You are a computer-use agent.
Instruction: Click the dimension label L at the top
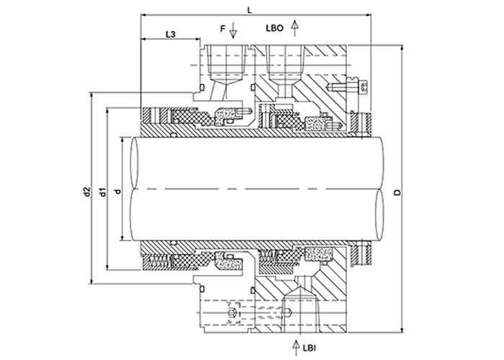tap(249, 10)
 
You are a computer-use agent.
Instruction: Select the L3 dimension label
tap(171, 35)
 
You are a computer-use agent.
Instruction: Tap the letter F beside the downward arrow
tap(222, 29)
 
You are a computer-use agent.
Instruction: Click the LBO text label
tap(274, 28)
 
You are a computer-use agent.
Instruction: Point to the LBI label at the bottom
tap(310, 348)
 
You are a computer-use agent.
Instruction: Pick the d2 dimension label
tap(86, 192)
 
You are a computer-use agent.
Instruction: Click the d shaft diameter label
tap(118, 192)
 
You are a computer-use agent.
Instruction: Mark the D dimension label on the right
tap(397, 192)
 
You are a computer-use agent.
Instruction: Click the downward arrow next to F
tap(233, 30)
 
